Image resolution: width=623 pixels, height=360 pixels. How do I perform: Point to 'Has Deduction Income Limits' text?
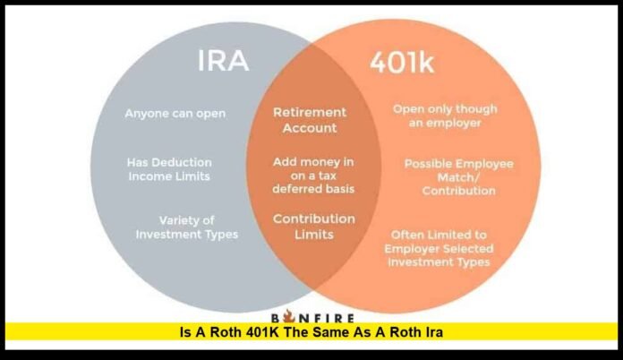tap(168, 169)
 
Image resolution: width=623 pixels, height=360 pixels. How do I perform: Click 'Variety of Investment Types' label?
tap(186, 227)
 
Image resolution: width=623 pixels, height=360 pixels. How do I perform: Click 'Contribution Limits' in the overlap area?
tap(314, 226)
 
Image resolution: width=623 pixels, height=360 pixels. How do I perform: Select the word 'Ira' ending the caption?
tap(436, 332)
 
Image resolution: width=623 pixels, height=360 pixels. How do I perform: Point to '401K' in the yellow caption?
tap(286, 332)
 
